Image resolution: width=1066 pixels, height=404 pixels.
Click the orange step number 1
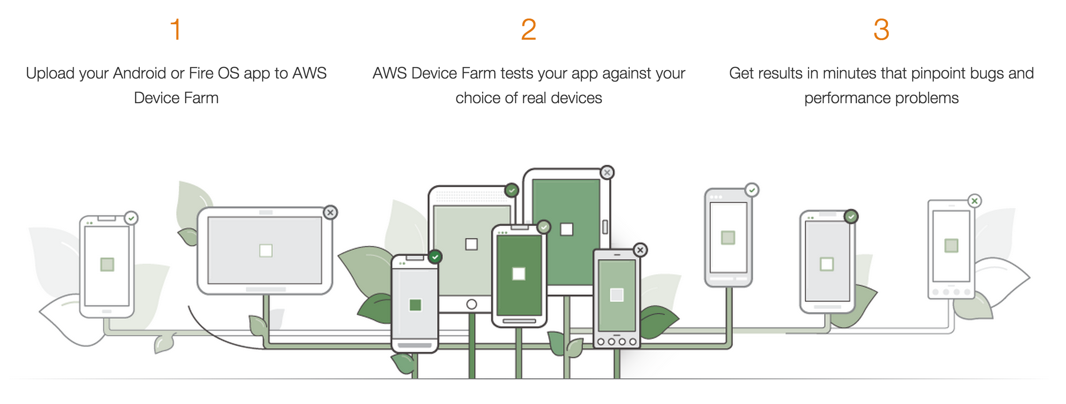coord(176,30)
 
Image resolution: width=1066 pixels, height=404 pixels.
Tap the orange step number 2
coord(528,30)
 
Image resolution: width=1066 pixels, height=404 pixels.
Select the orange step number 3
coord(881,30)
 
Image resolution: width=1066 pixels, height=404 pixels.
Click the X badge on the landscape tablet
coord(330,213)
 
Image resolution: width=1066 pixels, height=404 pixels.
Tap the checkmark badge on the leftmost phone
coord(131,218)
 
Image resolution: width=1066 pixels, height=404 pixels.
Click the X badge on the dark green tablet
coord(607,172)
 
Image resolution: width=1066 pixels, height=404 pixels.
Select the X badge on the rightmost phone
coord(974,201)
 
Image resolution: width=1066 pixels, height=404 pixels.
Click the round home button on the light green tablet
coord(471,304)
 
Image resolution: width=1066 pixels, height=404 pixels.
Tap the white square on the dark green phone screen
coord(518,274)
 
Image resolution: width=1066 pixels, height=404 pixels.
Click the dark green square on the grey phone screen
coord(415,305)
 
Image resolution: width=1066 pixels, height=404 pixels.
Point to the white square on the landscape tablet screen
coord(266,251)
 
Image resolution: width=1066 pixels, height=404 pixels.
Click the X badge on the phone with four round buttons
coord(640,250)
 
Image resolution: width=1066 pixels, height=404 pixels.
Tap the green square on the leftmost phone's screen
coord(107,265)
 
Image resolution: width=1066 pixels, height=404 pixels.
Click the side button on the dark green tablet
coord(605,227)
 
